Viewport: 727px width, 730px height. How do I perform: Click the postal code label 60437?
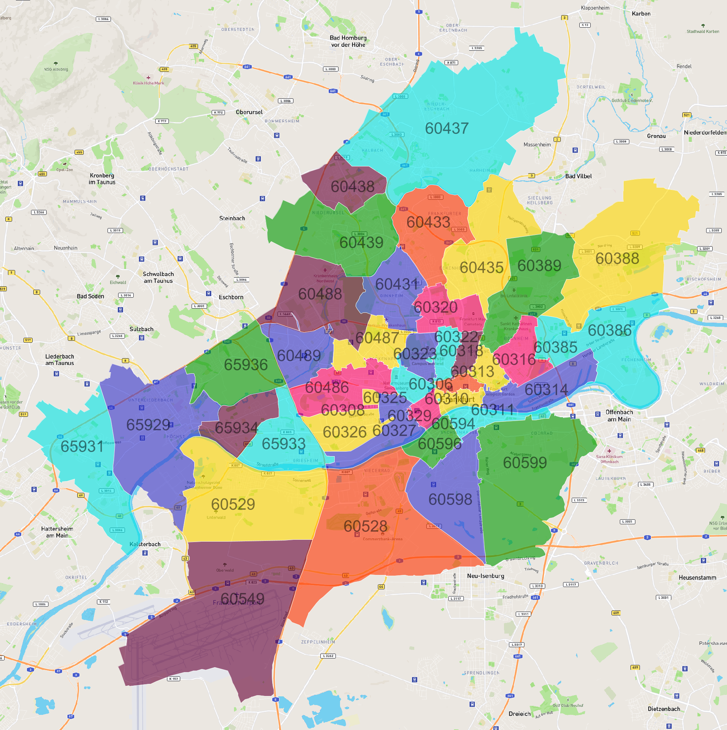click(x=447, y=129)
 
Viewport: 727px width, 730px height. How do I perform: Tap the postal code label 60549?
click(x=242, y=598)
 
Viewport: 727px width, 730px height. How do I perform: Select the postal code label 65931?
click(x=82, y=447)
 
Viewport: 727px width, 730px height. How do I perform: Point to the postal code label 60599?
click(x=525, y=463)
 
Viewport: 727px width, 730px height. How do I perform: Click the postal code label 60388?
click(x=617, y=259)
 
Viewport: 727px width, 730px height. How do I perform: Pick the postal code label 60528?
click(x=365, y=526)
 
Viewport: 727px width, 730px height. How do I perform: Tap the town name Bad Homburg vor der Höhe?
click(x=348, y=41)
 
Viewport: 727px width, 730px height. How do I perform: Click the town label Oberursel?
click(x=249, y=112)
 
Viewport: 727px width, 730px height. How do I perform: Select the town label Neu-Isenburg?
click(x=485, y=576)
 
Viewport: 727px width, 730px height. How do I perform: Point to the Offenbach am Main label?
click(x=619, y=416)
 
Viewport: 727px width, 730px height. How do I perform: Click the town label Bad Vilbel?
click(x=578, y=176)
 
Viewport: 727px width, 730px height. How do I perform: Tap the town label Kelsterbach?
click(x=145, y=544)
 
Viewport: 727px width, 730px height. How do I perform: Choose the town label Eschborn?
click(x=231, y=297)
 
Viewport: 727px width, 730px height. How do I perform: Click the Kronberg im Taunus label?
click(x=102, y=179)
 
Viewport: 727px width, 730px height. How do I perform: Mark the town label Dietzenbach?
click(x=664, y=709)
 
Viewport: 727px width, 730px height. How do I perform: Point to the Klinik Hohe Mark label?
click(x=148, y=83)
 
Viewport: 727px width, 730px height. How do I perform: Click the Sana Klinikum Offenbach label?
click(x=609, y=459)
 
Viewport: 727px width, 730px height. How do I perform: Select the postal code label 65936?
click(x=246, y=365)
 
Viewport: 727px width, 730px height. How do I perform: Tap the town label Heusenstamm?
click(x=697, y=578)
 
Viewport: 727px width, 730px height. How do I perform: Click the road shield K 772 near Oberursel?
click(x=218, y=113)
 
